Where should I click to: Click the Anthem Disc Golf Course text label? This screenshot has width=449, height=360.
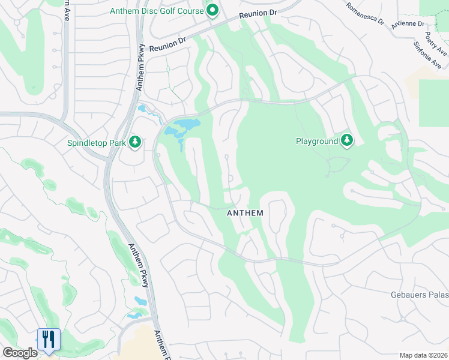pos(157,11)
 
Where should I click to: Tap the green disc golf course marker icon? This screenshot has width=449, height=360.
pos(212,11)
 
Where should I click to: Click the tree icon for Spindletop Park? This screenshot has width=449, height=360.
pos(135,142)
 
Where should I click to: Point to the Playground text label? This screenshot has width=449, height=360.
pos(317,142)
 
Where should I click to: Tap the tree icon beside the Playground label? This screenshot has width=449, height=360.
pos(346,141)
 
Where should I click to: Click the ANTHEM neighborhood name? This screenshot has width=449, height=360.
pos(246,213)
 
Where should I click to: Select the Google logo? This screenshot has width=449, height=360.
pos(19,353)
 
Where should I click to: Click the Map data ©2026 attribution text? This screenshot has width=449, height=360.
pos(423,355)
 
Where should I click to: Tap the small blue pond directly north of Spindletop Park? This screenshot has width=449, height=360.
pos(143,110)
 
